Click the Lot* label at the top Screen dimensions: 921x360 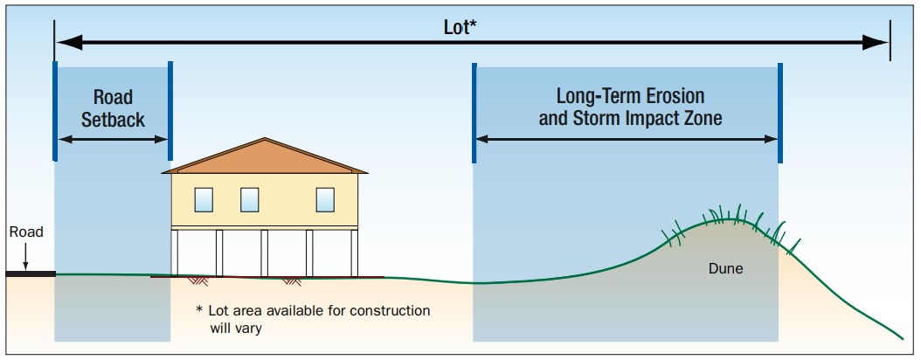460,28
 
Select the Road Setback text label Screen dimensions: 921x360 113,108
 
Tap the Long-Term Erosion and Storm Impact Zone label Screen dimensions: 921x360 630,107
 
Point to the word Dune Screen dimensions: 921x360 725,269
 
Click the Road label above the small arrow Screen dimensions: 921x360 26,232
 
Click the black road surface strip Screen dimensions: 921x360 31,273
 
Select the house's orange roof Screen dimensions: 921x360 265,156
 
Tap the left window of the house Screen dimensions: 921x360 204,200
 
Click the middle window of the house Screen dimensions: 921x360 250,200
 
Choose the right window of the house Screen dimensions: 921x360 325,200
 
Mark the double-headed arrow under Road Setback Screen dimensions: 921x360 114,139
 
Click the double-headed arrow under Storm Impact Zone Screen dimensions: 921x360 627,139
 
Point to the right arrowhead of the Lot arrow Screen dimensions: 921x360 876,42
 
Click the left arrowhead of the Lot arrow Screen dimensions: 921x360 69,42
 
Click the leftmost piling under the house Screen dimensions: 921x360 175,253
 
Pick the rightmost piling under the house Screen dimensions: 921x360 354,253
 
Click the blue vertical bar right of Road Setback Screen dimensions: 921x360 170,111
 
